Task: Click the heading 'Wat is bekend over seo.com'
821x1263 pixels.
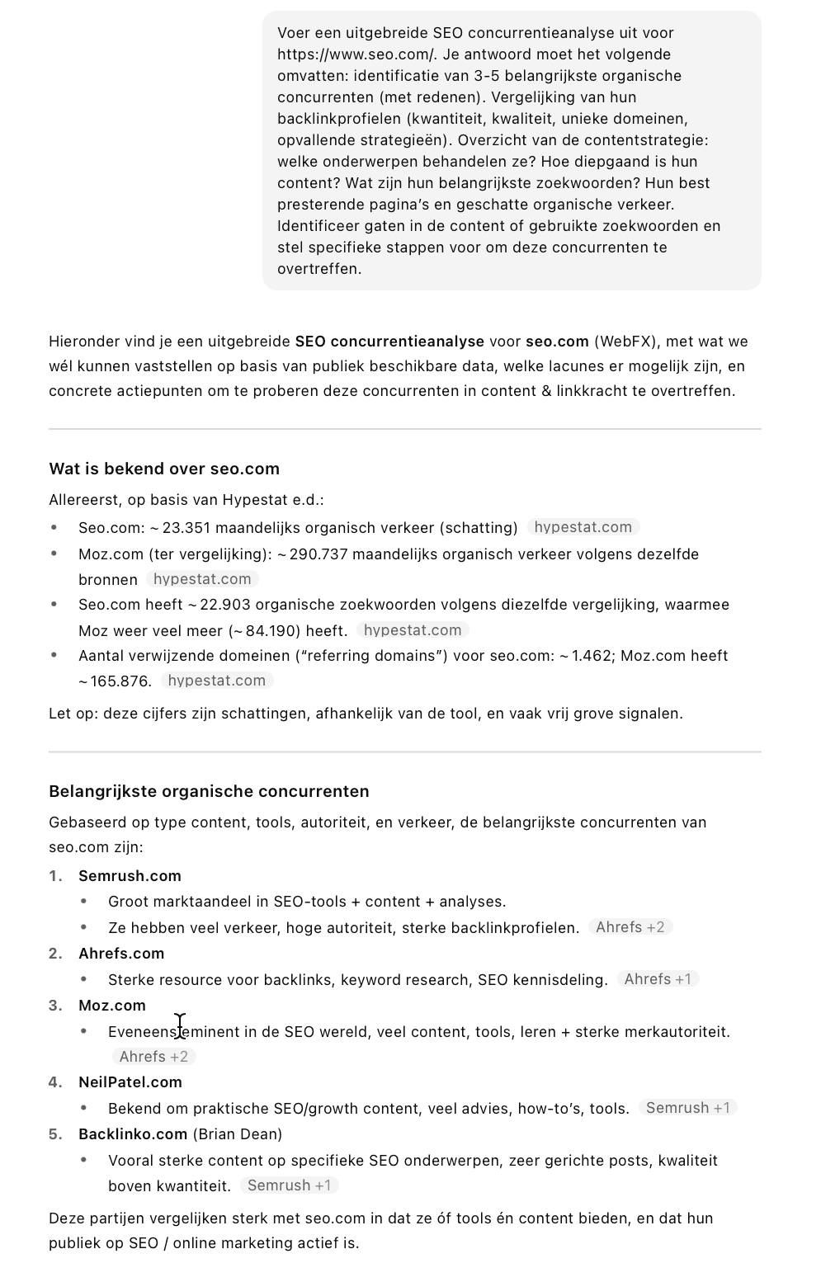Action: (164, 469)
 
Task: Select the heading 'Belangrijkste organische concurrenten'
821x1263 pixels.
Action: (209, 791)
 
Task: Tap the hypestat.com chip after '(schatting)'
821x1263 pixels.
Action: (583, 527)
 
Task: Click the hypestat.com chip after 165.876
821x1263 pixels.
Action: (216, 681)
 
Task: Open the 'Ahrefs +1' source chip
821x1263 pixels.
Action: (658, 979)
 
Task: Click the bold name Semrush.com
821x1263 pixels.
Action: (130, 876)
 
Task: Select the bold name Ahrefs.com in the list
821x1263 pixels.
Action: (121, 954)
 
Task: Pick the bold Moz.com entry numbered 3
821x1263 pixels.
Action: (112, 1006)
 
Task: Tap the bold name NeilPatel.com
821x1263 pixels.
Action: (130, 1082)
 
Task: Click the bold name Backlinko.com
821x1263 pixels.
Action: (133, 1134)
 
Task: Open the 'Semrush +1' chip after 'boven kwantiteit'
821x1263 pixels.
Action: (289, 1185)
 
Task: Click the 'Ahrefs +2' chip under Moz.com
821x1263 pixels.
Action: (153, 1057)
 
